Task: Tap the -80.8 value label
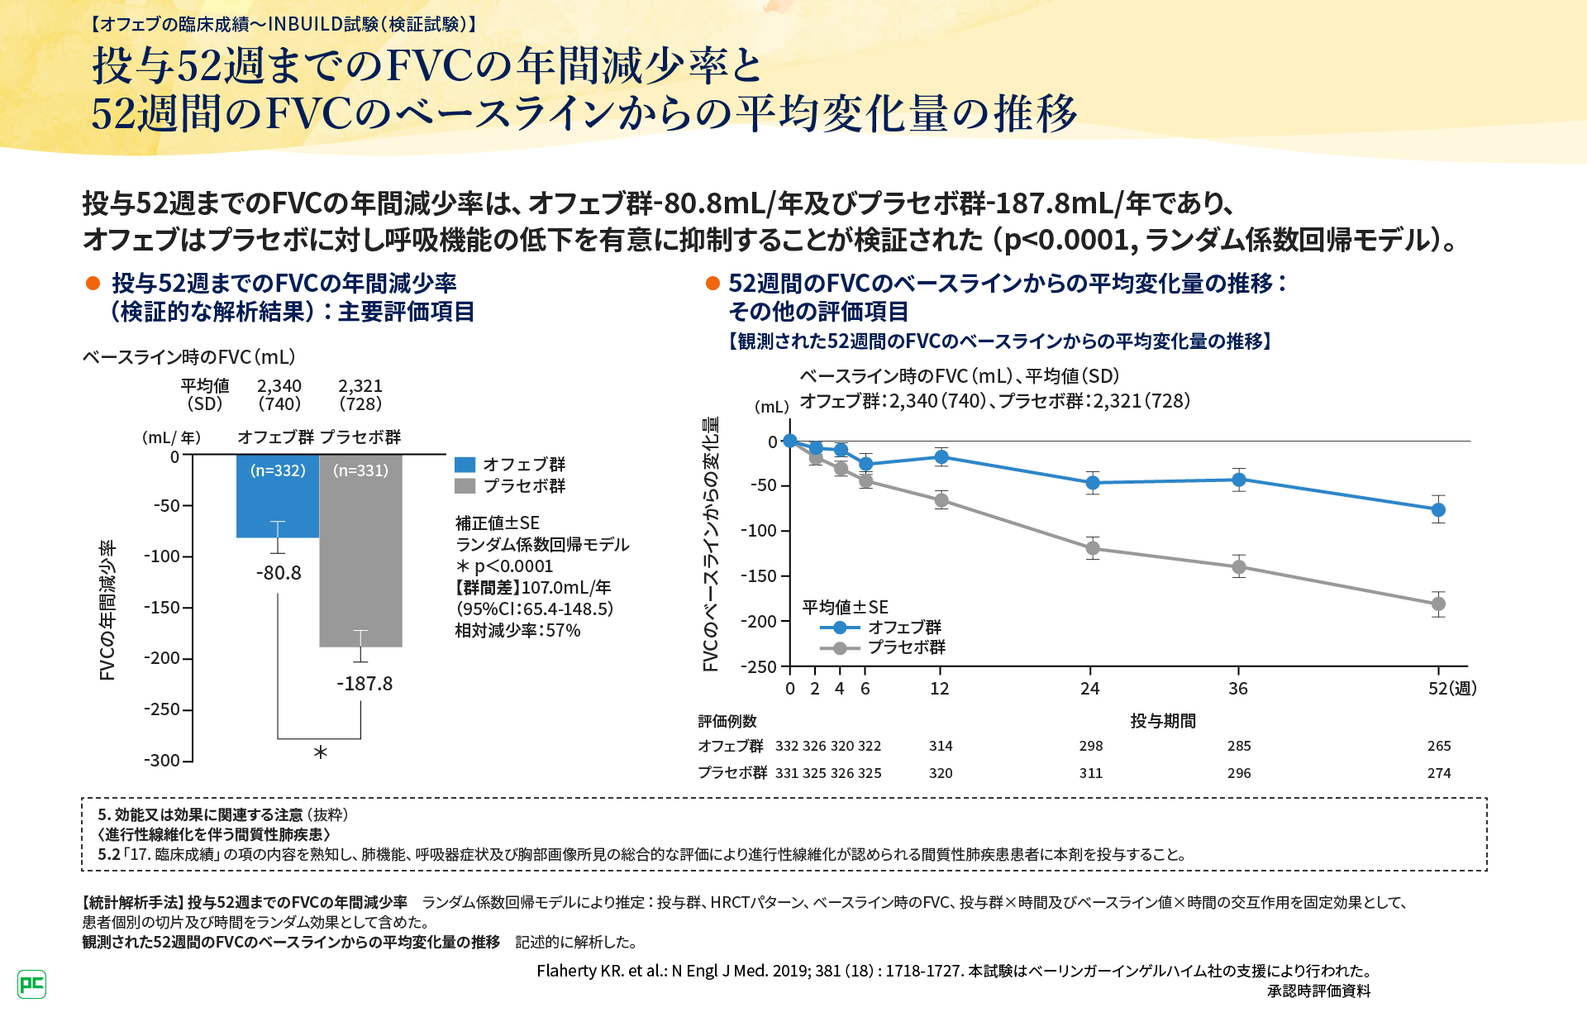pyautogui.click(x=279, y=573)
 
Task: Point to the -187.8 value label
pyautogui.click(x=365, y=684)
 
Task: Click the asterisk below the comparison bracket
pyautogui.click(x=321, y=752)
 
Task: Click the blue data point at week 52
pyautogui.click(x=1438, y=509)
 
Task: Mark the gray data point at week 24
pyautogui.click(x=1093, y=548)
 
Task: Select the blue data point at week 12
pyautogui.click(x=941, y=456)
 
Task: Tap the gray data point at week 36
pyautogui.click(x=1239, y=567)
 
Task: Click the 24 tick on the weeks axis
pyautogui.click(x=1090, y=689)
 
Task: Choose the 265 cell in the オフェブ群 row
pyautogui.click(x=1439, y=746)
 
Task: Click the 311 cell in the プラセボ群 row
pyautogui.click(x=1091, y=773)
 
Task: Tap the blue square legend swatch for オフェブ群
pyautogui.click(x=465, y=465)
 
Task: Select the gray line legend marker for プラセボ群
pyautogui.click(x=840, y=648)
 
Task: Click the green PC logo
pyautogui.click(x=31, y=984)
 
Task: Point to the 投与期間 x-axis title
pyautogui.click(x=1163, y=721)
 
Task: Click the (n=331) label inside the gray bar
pyautogui.click(x=360, y=470)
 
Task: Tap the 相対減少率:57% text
pyautogui.click(x=518, y=631)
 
